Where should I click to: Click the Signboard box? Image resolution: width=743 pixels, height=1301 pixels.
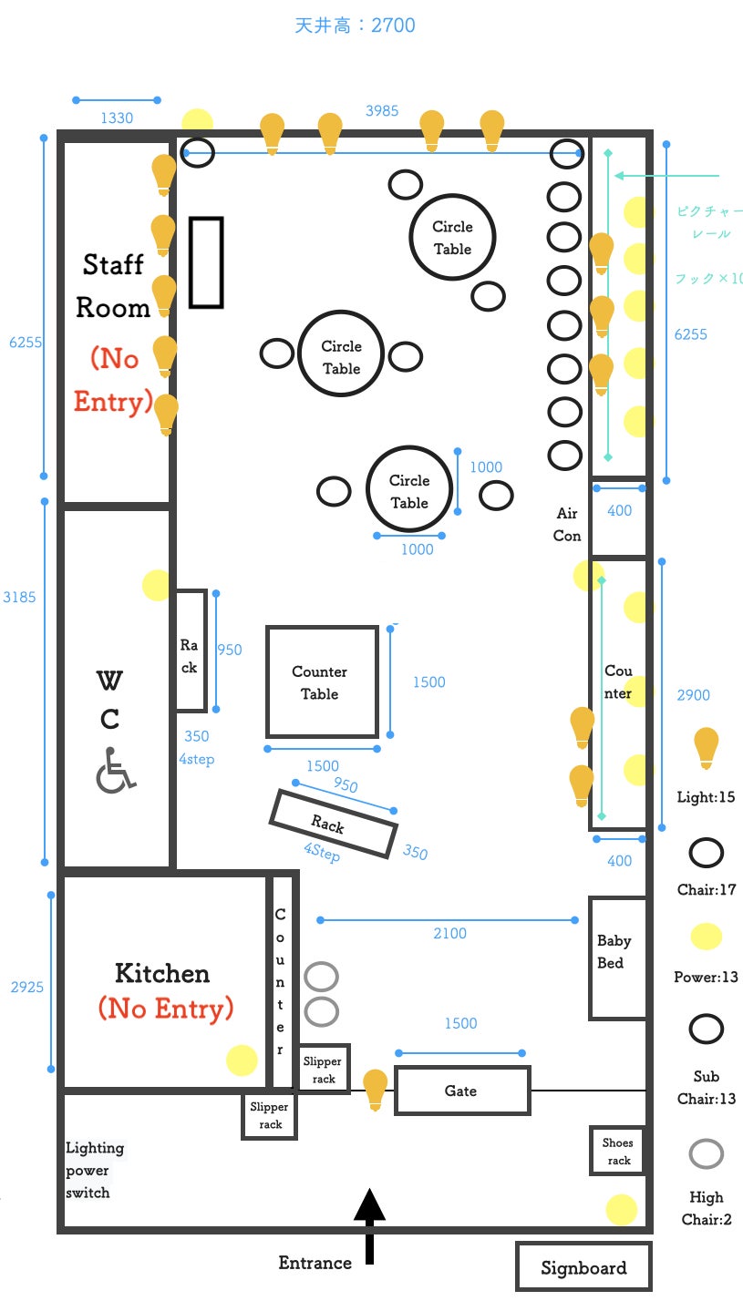(x=583, y=1266)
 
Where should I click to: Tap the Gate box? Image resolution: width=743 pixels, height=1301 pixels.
(x=462, y=1091)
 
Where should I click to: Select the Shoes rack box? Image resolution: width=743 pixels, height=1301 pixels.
(x=617, y=1152)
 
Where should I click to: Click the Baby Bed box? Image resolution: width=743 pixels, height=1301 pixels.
(x=617, y=958)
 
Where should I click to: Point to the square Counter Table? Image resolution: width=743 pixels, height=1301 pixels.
(x=322, y=681)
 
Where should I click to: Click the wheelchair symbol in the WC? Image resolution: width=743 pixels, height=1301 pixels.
(x=115, y=770)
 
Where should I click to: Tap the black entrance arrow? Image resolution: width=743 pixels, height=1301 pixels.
(x=370, y=1225)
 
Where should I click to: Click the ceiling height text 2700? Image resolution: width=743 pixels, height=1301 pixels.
(x=393, y=26)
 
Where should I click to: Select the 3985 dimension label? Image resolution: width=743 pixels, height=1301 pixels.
(x=382, y=111)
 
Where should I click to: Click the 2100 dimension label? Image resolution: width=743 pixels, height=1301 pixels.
(x=450, y=933)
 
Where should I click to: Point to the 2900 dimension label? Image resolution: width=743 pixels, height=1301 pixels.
(x=693, y=695)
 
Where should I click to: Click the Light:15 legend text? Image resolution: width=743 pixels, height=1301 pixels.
(x=706, y=797)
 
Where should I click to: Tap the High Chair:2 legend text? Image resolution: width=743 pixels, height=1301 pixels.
(x=707, y=1208)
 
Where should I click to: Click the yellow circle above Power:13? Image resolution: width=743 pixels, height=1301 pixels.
(x=707, y=937)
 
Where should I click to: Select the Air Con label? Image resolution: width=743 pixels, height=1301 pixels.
(x=567, y=525)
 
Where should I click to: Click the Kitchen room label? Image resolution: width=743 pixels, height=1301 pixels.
(x=162, y=973)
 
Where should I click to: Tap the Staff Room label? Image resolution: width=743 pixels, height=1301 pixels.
(x=113, y=286)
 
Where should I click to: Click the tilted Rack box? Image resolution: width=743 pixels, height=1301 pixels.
(x=334, y=824)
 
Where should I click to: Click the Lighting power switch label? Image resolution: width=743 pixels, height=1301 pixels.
(x=95, y=1170)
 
